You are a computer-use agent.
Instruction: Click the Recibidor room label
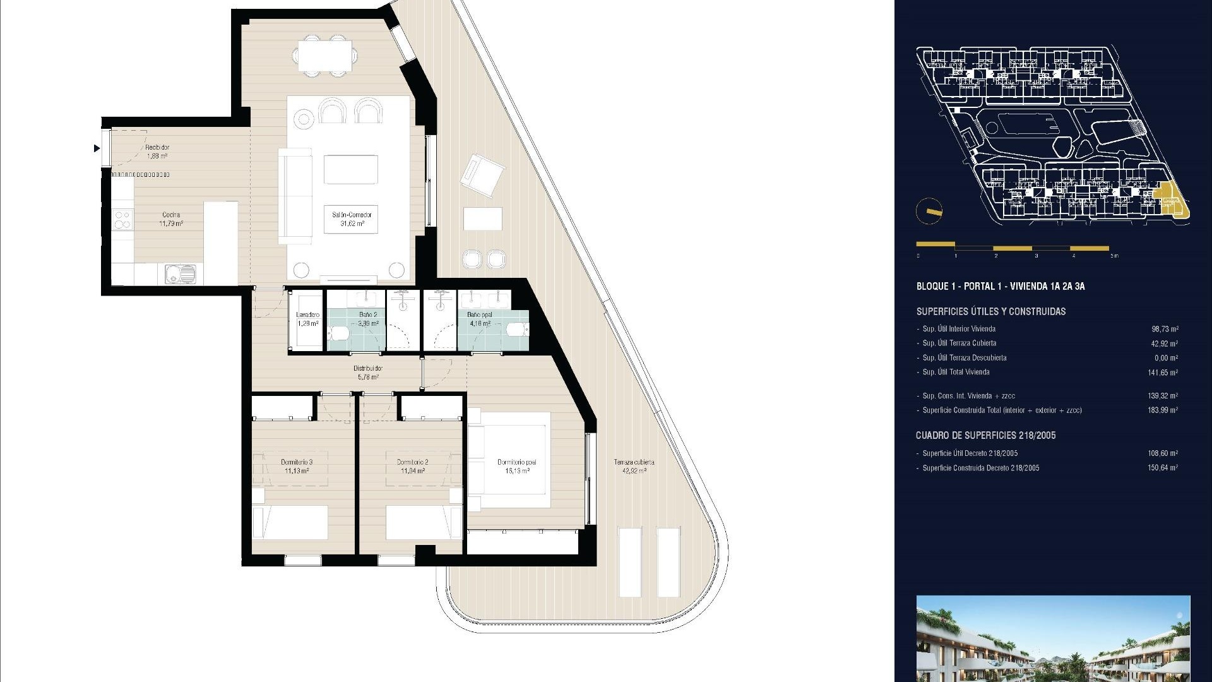(157, 151)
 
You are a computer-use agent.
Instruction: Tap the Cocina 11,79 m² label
(171, 219)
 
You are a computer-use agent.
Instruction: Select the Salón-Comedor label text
(352, 219)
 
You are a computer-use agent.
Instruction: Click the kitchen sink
(181, 274)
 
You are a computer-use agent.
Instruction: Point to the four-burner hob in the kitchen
(122, 219)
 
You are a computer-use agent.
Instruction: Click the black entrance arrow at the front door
(97, 148)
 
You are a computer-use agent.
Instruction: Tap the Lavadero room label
(308, 319)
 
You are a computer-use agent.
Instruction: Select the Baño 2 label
(368, 319)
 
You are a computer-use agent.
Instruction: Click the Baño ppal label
(480, 319)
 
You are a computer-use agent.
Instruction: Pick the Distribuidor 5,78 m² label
(367, 373)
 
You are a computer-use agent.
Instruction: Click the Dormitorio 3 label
(296, 466)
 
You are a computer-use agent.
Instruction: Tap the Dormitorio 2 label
(412, 466)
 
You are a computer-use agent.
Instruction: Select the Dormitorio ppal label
(516, 466)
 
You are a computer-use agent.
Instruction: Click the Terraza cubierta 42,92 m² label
(634, 466)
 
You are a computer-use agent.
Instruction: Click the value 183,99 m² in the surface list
(1163, 410)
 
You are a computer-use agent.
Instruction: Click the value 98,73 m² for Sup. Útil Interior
(1165, 329)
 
